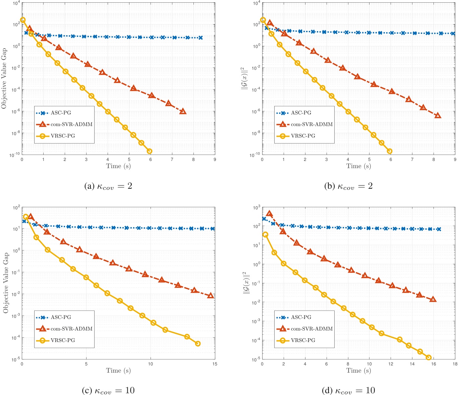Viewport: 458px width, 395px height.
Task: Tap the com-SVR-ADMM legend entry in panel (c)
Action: point(71,329)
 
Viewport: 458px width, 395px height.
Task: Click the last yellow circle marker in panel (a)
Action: point(150,151)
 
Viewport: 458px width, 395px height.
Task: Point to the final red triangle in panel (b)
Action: point(438,116)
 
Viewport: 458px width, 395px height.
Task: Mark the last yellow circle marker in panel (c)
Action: point(198,343)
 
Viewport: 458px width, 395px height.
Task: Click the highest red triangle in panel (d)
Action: point(269,214)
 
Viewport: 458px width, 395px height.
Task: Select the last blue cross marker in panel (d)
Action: point(439,229)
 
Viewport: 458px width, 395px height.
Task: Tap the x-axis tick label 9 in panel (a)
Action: point(215,160)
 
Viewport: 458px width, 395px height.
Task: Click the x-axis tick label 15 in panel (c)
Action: point(215,364)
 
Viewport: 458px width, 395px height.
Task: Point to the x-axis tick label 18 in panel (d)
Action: point(455,364)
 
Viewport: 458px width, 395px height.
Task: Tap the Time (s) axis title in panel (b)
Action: point(358,166)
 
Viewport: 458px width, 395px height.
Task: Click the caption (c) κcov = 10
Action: point(108,390)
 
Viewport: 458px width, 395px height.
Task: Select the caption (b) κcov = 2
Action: point(348,186)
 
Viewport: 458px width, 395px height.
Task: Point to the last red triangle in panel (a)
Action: point(183,111)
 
